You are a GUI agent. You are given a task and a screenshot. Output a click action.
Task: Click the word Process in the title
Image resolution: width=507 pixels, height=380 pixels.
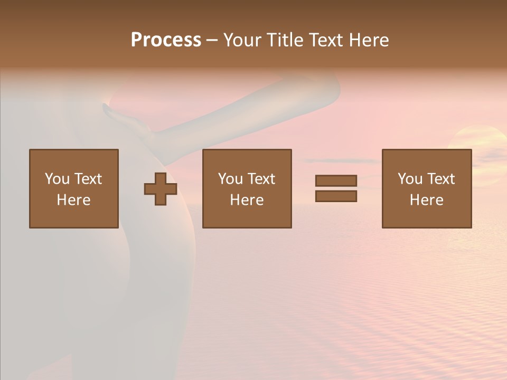click(166, 40)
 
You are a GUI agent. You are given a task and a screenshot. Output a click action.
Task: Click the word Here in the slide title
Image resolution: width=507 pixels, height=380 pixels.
click(370, 40)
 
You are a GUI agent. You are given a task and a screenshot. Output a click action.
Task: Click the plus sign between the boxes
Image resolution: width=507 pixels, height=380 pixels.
click(161, 189)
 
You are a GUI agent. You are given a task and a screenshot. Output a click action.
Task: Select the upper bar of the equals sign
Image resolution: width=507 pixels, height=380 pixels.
click(336, 180)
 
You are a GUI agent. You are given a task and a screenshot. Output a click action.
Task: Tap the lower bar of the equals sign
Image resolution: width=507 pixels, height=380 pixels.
click(336, 196)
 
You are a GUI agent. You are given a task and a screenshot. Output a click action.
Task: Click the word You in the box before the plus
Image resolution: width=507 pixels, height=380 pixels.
click(57, 179)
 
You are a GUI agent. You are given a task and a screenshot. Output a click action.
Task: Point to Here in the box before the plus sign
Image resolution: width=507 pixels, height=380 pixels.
click(73, 200)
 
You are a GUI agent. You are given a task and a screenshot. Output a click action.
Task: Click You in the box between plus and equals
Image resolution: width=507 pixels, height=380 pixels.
click(230, 179)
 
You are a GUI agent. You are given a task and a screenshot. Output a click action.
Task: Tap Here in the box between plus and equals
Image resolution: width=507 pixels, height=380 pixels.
click(247, 200)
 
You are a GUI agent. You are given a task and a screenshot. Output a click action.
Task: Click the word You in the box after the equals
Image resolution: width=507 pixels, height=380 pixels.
click(410, 179)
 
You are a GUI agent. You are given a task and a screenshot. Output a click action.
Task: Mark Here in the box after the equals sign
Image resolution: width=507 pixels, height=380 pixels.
click(426, 200)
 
